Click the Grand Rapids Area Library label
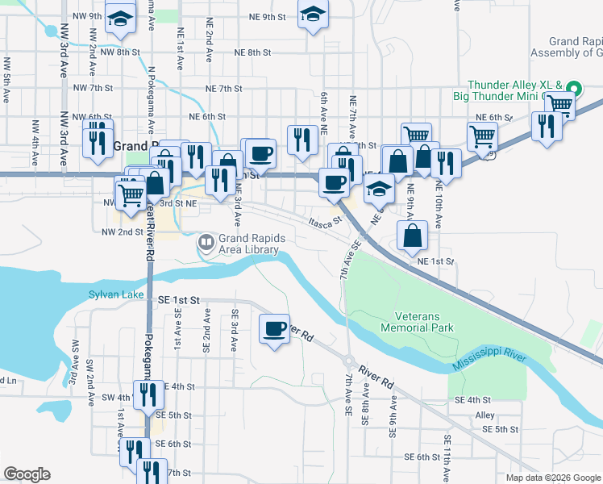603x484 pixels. click(249, 244)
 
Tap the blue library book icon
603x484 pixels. click(207, 241)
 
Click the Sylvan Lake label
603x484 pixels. click(114, 295)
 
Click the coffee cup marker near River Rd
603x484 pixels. click(275, 328)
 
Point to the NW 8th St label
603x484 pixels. click(117, 52)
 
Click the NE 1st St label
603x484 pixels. click(436, 261)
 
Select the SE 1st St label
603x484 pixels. click(178, 300)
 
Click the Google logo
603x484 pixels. click(27, 474)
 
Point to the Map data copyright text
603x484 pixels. click(553, 478)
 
